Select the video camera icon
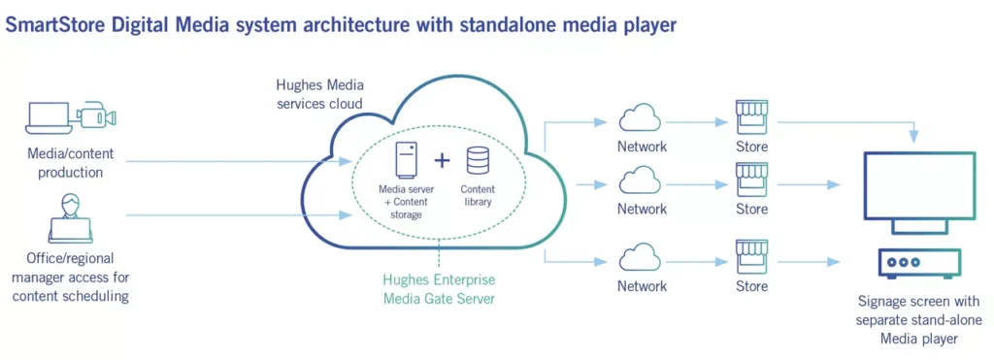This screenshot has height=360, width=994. coord(97,116)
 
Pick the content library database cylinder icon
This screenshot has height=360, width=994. coord(478,161)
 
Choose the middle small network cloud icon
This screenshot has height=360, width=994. coord(642,181)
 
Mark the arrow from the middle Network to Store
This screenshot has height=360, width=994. coord(696,183)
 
